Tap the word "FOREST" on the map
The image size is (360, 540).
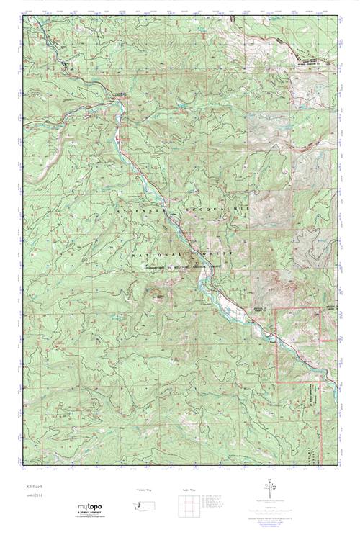click(x=211, y=255)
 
